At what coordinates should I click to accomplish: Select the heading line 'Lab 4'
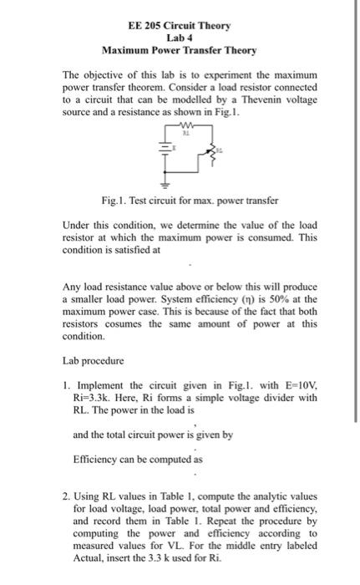(x=180, y=38)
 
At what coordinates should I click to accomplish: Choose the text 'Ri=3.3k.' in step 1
(x=94, y=399)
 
